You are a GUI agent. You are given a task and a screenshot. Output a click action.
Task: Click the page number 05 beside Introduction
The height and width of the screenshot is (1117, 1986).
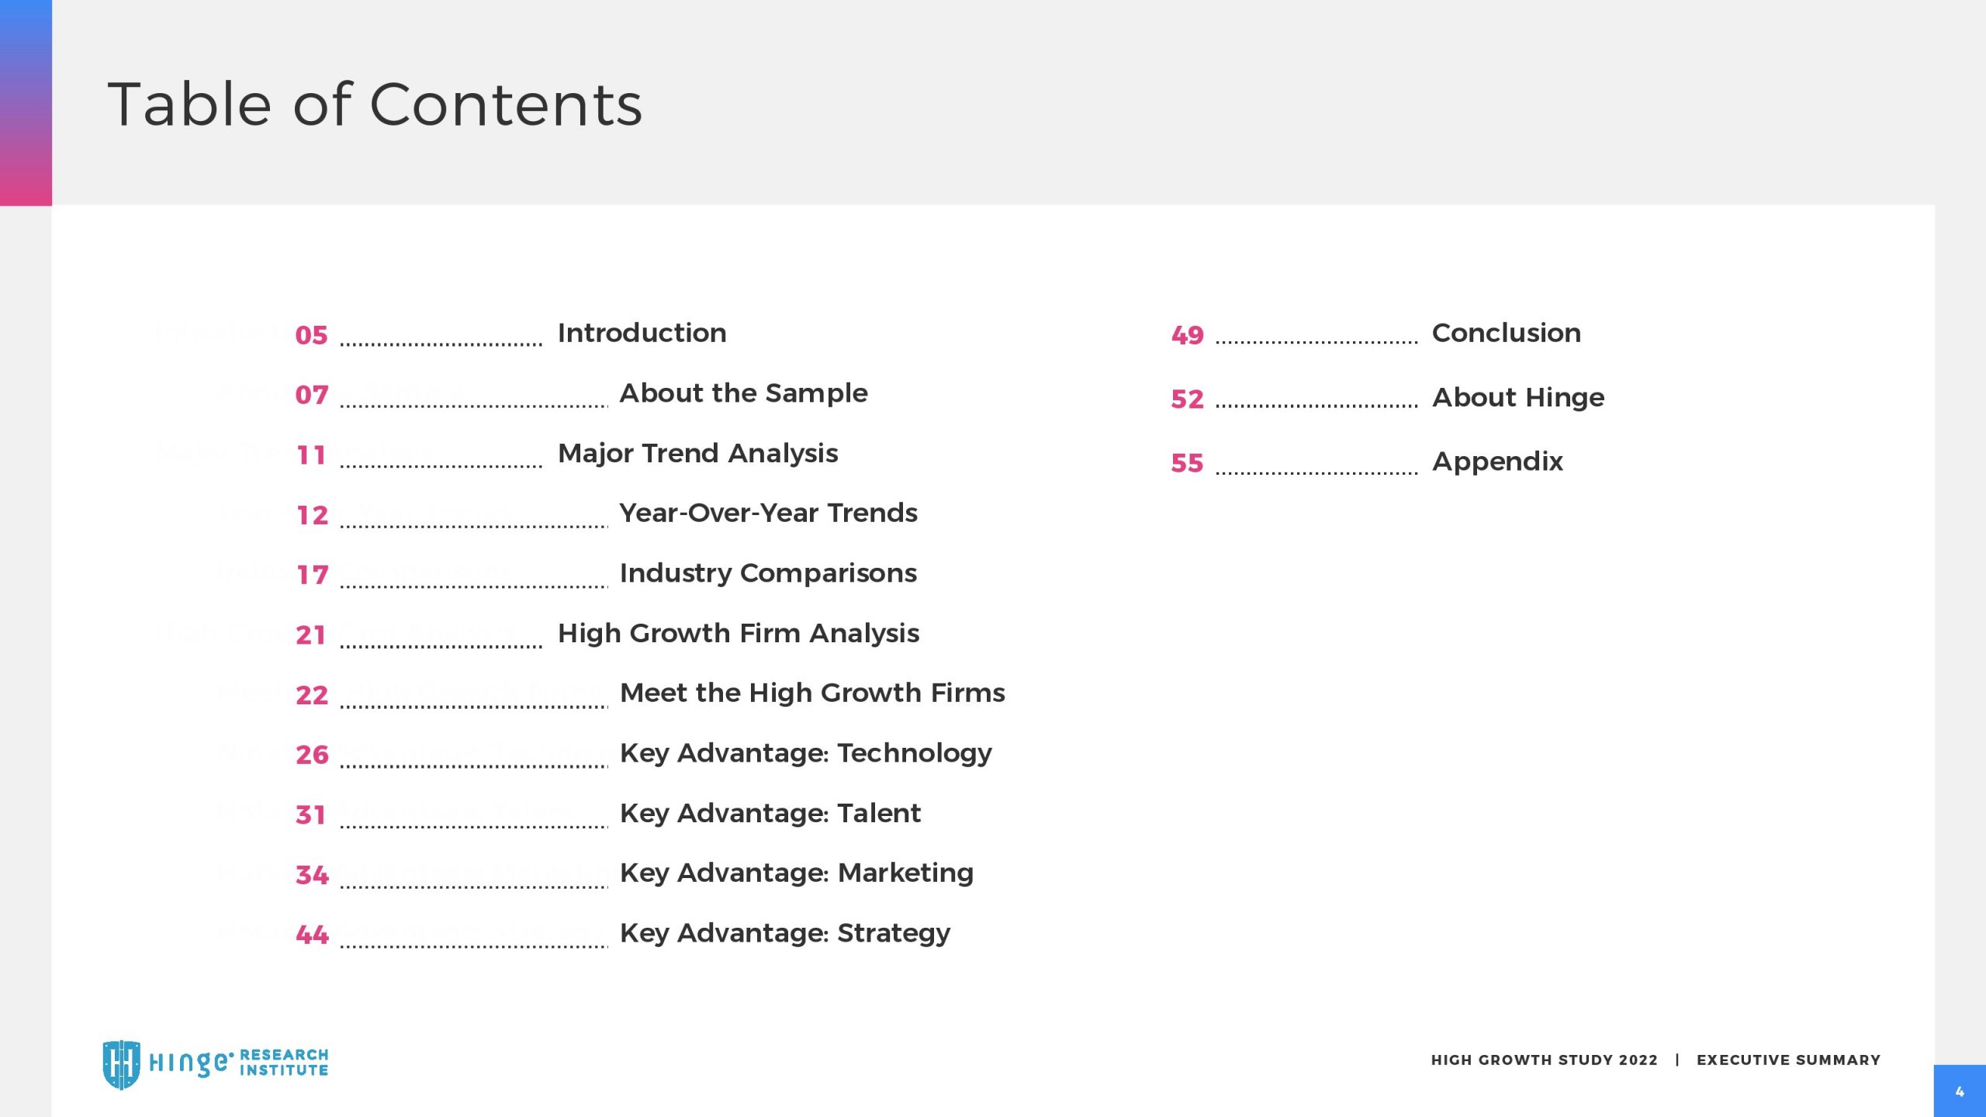pyautogui.click(x=312, y=335)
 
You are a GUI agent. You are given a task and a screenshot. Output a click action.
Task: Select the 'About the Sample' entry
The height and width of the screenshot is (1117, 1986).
pyautogui.click(x=743, y=393)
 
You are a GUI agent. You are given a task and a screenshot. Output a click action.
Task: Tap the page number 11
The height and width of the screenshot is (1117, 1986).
pyautogui.click(x=312, y=455)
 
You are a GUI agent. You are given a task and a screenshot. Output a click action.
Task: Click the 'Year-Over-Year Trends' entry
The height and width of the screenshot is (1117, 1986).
pyautogui.click(x=768, y=513)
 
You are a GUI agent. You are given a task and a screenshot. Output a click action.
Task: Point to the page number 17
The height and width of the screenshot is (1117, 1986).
pyautogui.click(x=313, y=575)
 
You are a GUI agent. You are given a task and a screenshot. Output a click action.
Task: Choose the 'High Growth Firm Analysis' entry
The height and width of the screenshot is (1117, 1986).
pyautogui.click(x=739, y=634)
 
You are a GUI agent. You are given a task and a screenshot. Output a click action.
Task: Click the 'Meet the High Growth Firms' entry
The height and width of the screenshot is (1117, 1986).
pyautogui.click(x=812, y=693)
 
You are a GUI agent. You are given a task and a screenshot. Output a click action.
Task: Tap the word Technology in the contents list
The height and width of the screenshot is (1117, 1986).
pyautogui.click(x=915, y=754)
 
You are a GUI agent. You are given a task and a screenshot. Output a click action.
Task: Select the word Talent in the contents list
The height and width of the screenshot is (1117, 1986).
pyautogui.click(x=879, y=813)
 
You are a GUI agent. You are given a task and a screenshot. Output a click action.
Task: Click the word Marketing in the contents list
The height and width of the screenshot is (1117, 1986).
pyautogui.click(x=905, y=873)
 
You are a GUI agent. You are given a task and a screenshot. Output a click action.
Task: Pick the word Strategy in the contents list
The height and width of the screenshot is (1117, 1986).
pyautogui.click(x=894, y=934)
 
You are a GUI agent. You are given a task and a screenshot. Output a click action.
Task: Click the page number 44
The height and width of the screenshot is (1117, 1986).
pyautogui.click(x=313, y=935)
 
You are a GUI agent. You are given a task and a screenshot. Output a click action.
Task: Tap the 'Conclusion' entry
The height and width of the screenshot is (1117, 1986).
pyautogui.click(x=1506, y=333)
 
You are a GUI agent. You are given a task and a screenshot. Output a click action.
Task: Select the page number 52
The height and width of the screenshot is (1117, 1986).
pyautogui.click(x=1187, y=399)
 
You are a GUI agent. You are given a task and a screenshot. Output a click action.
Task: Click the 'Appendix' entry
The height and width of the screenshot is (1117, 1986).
pyautogui.click(x=1497, y=462)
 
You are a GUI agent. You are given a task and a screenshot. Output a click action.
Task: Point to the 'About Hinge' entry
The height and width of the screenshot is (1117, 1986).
pyautogui.click(x=1518, y=398)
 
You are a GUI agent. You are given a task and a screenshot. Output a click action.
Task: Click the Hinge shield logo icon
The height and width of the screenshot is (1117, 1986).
pyautogui.click(x=122, y=1064)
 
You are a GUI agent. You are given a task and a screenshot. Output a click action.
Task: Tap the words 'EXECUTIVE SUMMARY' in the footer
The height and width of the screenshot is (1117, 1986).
pyautogui.click(x=1788, y=1060)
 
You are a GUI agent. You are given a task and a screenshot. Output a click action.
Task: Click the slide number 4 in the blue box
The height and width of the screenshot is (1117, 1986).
pyautogui.click(x=1960, y=1092)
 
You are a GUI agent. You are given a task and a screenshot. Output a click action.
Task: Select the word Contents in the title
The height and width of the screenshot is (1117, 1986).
pyautogui.click(x=506, y=105)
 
